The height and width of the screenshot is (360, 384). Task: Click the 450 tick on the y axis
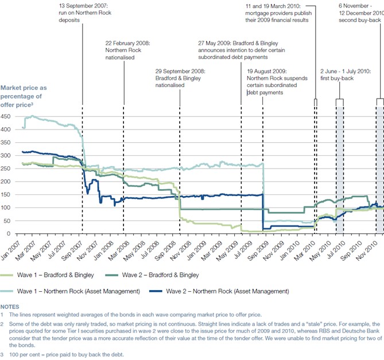(6, 116)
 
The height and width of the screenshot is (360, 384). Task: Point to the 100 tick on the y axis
(6, 208)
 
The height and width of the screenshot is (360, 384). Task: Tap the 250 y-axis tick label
(6, 169)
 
